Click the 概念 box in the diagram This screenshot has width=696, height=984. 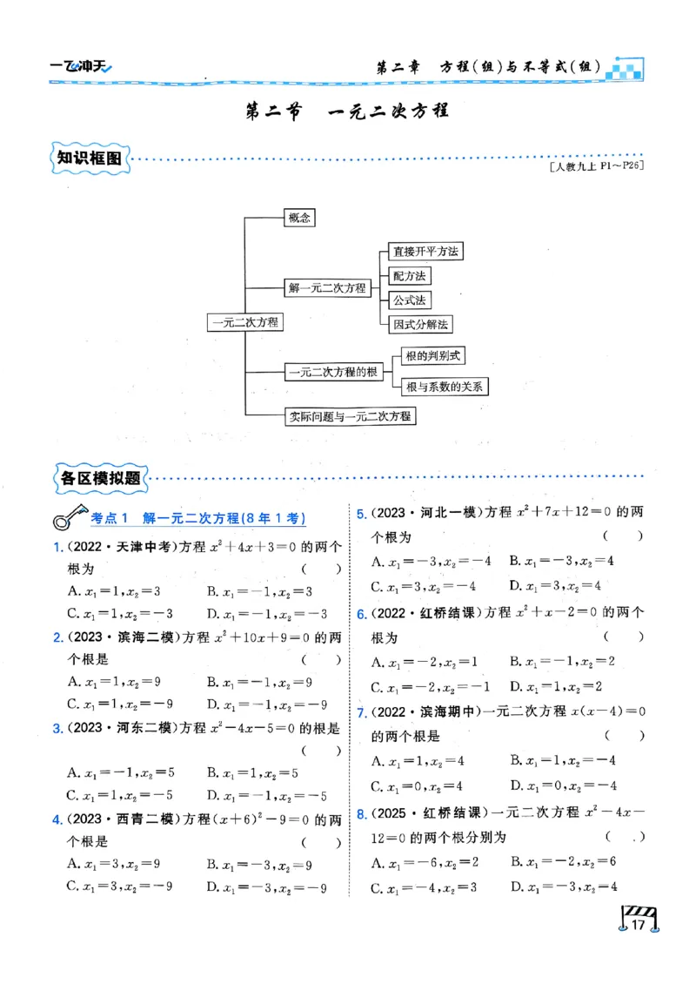point(299,219)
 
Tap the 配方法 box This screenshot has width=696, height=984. point(409,276)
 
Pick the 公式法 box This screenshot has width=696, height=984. point(409,300)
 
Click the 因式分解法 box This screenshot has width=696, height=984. point(420,324)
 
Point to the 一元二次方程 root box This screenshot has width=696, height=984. point(245,322)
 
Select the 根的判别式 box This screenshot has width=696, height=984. point(432,356)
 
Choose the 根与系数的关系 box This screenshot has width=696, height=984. point(444,386)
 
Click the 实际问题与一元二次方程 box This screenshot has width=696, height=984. point(351,416)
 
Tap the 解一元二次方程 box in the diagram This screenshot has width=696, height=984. point(326,287)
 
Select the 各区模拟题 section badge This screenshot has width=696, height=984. point(97,477)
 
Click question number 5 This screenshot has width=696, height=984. point(361,513)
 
